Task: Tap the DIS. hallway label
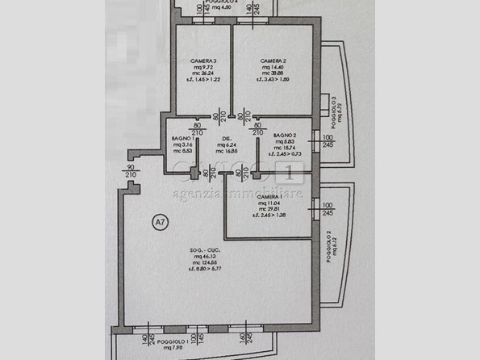(x=228, y=139)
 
